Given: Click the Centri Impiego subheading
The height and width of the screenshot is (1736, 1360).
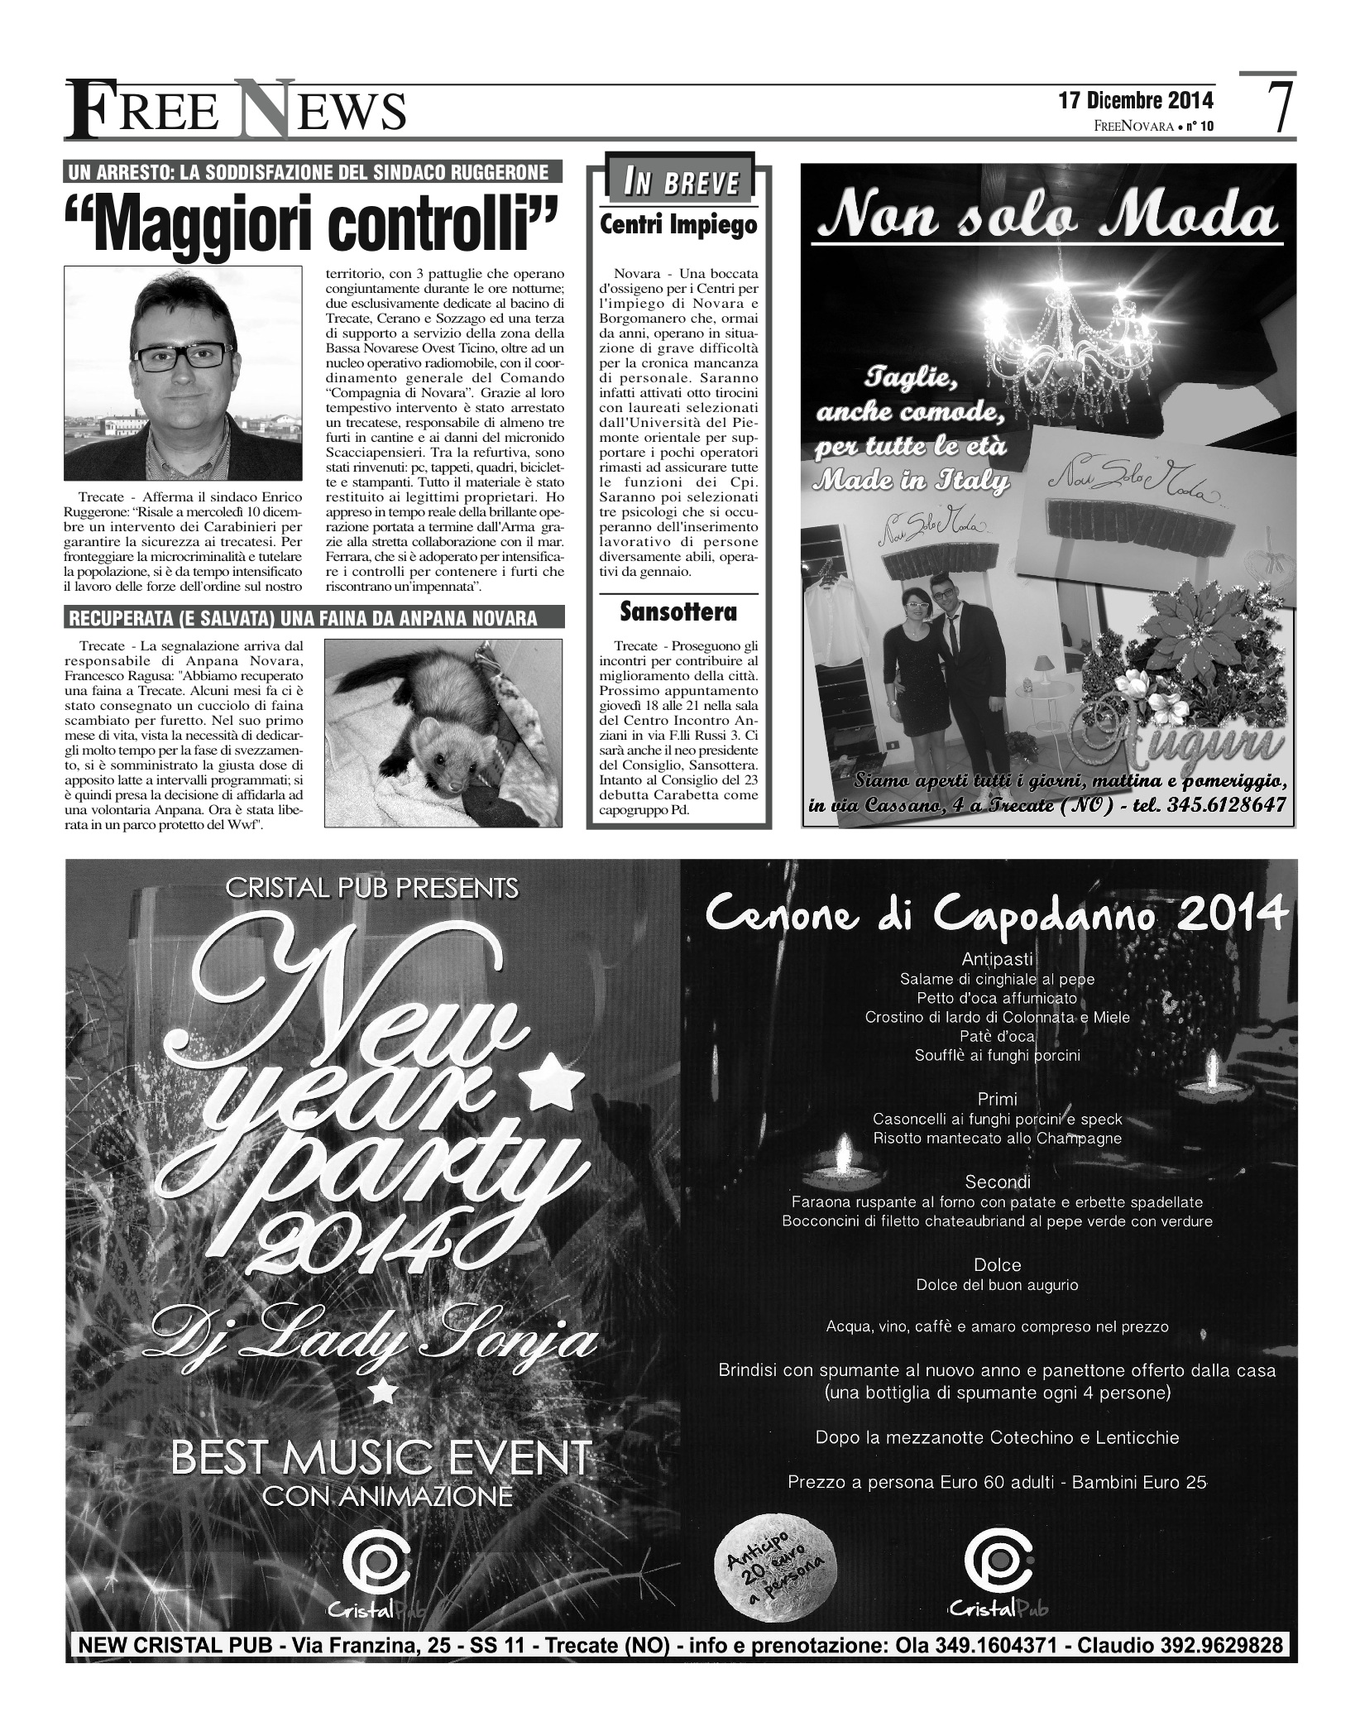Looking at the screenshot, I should [678, 225].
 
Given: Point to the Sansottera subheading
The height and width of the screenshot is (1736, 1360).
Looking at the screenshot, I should [678, 613].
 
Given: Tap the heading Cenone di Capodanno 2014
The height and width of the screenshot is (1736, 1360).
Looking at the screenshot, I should [996, 915].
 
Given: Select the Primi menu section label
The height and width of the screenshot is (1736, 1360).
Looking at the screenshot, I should [997, 1100].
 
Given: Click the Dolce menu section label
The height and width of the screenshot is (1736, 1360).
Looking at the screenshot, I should [998, 1265].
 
